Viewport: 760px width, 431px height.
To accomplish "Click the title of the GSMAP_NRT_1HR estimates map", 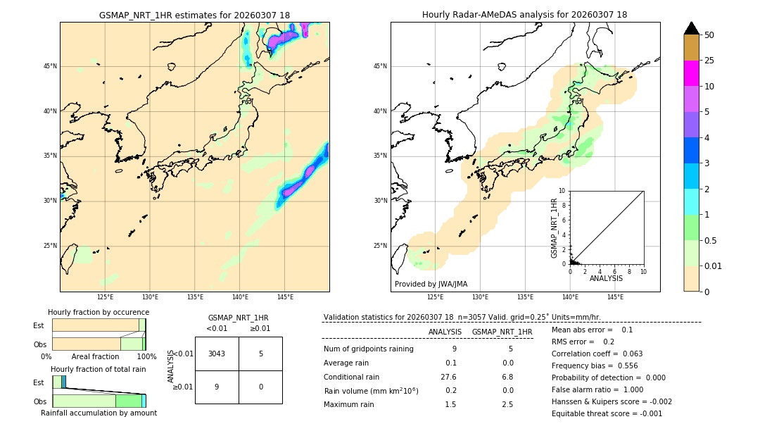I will (x=194, y=15).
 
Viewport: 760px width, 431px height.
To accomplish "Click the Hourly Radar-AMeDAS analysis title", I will (x=524, y=15).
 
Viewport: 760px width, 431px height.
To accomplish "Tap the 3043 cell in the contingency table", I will (x=217, y=354).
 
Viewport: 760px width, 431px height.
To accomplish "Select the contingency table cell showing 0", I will (x=260, y=387).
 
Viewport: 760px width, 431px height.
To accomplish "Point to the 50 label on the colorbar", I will (x=709, y=35).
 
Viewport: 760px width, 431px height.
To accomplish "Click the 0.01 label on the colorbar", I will (x=714, y=266).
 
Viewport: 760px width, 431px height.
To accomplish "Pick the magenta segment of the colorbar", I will (x=691, y=73).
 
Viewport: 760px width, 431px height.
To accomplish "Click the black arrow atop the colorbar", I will (x=691, y=28).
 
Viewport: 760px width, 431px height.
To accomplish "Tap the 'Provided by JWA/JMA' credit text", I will (x=431, y=284).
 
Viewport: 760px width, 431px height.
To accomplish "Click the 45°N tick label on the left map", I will (x=50, y=66).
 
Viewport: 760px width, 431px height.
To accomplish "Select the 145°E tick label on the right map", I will (x=614, y=297).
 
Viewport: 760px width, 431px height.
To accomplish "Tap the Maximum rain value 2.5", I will (x=507, y=404).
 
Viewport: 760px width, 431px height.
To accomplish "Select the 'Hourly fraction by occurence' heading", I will (x=99, y=312).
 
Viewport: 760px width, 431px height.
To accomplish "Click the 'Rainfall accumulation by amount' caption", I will (x=99, y=413).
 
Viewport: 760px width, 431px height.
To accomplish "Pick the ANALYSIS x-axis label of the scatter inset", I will (x=606, y=278).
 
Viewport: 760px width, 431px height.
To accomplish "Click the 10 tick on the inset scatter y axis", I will (x=562, y=191).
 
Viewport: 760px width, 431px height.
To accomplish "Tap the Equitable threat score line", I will (x=607, y=413).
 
